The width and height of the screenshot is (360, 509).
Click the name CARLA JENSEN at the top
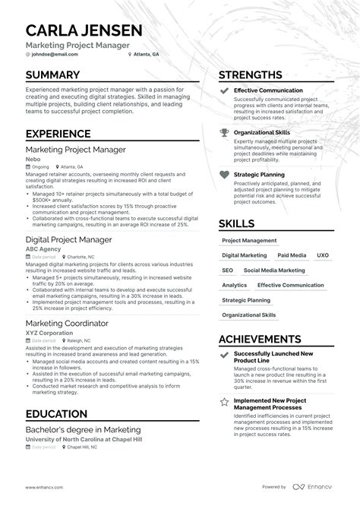84,30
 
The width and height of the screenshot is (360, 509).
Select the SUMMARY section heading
52,74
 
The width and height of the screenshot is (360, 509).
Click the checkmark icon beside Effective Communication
224,90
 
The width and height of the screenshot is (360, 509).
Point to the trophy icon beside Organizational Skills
224,132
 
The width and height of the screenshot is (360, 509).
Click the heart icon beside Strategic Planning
224,174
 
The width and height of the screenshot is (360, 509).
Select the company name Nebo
33,159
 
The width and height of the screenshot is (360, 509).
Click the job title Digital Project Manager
69,239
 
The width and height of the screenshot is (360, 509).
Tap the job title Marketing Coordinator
67,323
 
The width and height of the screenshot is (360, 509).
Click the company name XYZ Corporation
51,332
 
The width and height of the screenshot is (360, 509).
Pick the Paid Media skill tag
292,255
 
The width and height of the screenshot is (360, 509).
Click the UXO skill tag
323,255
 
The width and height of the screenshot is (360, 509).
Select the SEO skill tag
228,270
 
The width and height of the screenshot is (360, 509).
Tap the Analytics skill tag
234,285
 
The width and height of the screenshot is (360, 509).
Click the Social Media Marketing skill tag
273,270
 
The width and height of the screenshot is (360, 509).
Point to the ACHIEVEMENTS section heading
270,339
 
